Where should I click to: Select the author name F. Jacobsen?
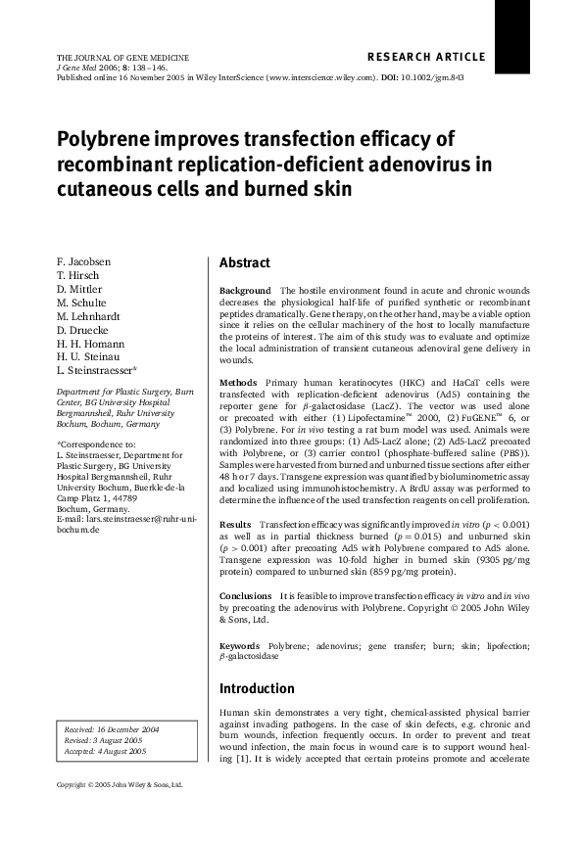pos(83,262)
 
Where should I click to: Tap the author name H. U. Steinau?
pos(87,356)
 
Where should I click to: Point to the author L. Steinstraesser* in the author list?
pos(96,370)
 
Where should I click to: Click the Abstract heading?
pos(245,263)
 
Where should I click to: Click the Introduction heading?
pos(257,688)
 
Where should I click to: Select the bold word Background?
pos(245,291)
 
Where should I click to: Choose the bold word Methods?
pos(238,381)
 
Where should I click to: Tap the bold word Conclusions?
pos(246,595)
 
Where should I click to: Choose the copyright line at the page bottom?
pos(120,784)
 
